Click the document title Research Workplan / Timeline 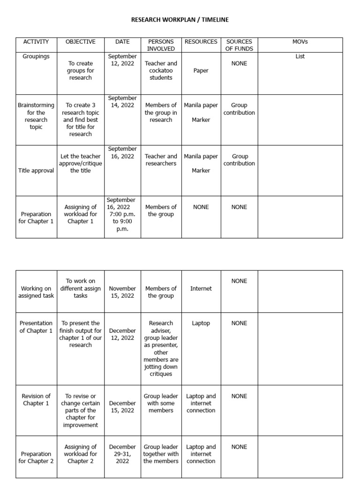pos(180,20)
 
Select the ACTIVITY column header pos(36,42)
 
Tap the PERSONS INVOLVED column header pos(161,45)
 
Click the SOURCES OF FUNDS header pos(239,45)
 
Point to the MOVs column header pos(300,42)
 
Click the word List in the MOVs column pos(300,56)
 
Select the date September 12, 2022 pos(122,60)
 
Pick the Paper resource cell pos(201,71)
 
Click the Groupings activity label pos(36,56)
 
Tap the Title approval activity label pos(36,171)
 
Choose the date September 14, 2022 pos(122,102)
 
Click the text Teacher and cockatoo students pos(161,70)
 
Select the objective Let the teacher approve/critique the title pos(80,164)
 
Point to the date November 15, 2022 pos(122,292)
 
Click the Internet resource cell pos(201,289)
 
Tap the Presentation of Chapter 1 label pos(36,327)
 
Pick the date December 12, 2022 pos(122,334)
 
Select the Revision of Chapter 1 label pos(36,399)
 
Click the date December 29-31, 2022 pos(122,454)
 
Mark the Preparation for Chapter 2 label pos(36,457)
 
